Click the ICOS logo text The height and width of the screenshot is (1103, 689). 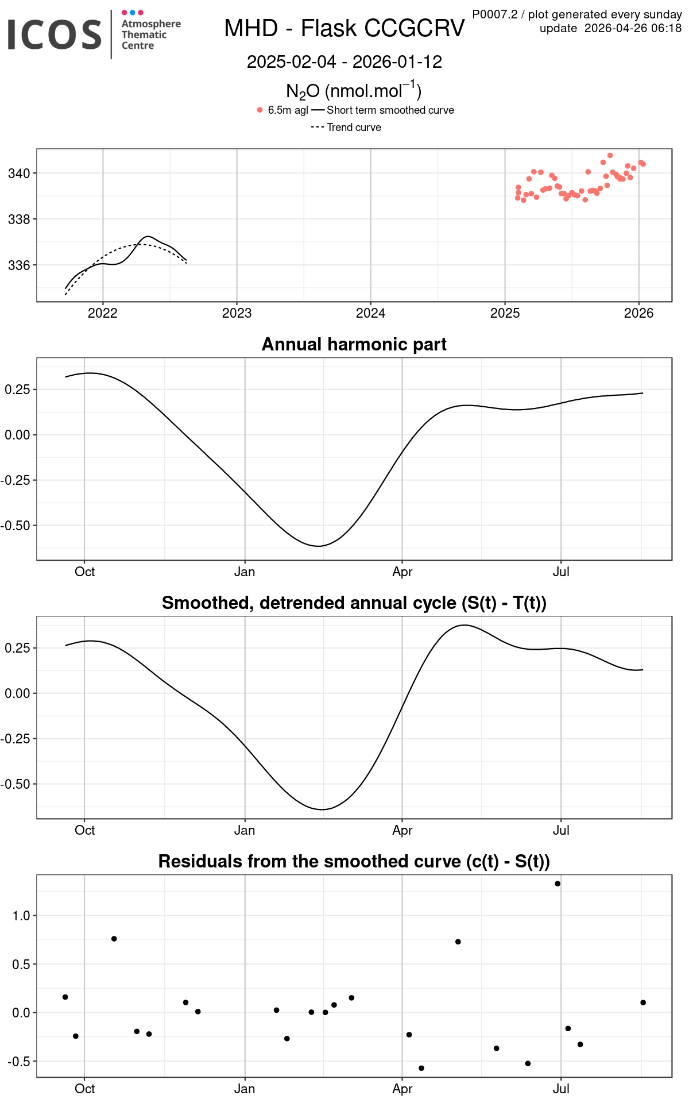(x=55, y=34)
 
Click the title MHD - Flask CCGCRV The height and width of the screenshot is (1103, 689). (x=344, y=28)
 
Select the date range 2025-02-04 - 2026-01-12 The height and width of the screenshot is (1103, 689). (x=344, y=62)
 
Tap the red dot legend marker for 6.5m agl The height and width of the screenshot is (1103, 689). (x=260, y=110)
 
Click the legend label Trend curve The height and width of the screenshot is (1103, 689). (x=354, y=128)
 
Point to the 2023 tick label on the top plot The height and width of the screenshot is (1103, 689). (x=237, y=313)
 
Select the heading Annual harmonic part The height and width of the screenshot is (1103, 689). (x=354, y=344)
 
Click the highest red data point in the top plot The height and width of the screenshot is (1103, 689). (x=610, y=156)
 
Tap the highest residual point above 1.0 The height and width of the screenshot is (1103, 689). (x=558, y=884)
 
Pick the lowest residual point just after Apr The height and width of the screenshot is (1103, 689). (x=421, y=1068)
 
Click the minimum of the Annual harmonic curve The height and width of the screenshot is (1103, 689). (x=319, y=546)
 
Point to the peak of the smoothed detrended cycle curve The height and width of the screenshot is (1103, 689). (x=464, y=625)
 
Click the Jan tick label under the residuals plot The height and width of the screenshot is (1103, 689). (x=245, y=1089)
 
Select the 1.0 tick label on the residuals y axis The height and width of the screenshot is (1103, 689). (x=21, y=916)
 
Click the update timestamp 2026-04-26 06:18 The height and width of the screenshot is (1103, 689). (x=633, y=28)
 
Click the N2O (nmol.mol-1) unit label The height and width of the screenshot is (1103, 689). (x=354, y=91)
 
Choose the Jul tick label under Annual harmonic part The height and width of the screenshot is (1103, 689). (x=561, y=572)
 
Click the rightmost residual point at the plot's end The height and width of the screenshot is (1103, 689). (x=643, y=1002)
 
